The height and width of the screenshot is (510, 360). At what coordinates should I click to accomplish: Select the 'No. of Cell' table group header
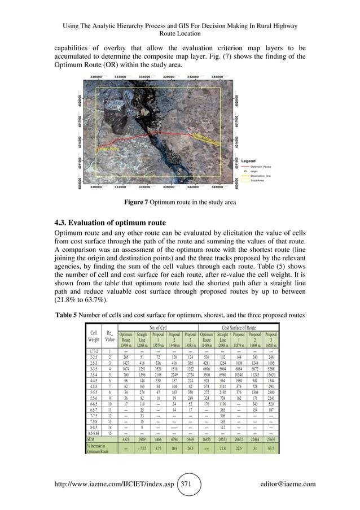click(x=157, y=327)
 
